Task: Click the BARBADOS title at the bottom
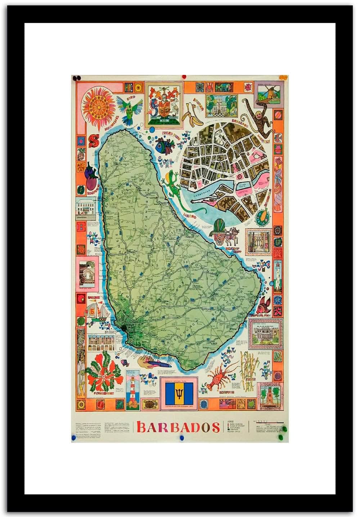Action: pos(178,427)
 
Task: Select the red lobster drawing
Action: pos(218,380)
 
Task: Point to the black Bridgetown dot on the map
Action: pos(125,327)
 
